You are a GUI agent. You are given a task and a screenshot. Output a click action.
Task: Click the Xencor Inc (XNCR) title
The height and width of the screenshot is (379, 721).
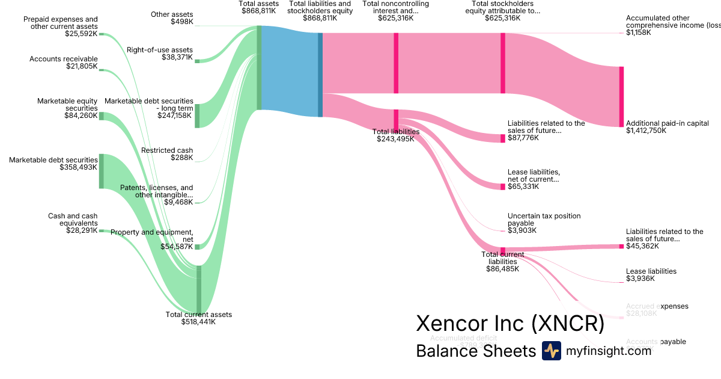click(x=510, y=324)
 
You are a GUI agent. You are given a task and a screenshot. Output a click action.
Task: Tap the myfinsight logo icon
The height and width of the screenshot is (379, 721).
click(x=551, y=351)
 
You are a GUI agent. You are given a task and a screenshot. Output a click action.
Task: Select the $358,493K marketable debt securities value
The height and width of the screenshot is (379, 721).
click(x=78, y=167)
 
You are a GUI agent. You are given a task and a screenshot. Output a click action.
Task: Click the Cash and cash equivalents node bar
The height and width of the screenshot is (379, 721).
click(x=102, y=230)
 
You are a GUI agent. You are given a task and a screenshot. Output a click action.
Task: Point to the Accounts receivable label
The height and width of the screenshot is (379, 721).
click(x=64, y=58)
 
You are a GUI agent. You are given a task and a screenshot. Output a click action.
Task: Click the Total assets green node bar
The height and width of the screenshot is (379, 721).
click(x=259, y=67)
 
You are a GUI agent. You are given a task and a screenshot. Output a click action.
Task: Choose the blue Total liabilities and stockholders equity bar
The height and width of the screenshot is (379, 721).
click(x=320, y=75)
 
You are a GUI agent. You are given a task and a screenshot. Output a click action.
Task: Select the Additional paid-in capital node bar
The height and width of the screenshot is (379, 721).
click(x=621, y=96)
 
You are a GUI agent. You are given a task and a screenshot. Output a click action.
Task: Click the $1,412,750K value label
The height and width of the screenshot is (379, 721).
click(x=646, y=131)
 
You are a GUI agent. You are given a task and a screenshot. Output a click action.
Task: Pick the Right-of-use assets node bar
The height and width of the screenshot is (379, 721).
click(x=197, y=61)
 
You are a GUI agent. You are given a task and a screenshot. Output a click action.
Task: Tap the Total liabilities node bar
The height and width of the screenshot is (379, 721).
click(x=396, y=118)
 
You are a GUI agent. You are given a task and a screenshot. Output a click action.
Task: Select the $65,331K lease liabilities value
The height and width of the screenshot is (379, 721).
click(x=523, y=186)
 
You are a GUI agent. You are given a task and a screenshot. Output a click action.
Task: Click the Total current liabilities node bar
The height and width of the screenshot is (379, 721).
click(x=503, y=250)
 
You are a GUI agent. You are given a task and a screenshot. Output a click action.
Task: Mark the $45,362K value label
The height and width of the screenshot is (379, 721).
click(x=642, y=246)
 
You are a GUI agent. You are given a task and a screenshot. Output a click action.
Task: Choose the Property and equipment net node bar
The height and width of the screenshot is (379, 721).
click(x=197, y=247)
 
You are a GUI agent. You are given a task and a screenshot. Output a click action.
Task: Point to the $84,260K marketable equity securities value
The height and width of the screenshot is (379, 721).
click(x=81, y=116)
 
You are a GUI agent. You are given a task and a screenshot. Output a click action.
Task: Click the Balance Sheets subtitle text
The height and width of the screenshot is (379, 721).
click(x=476, y=351)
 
